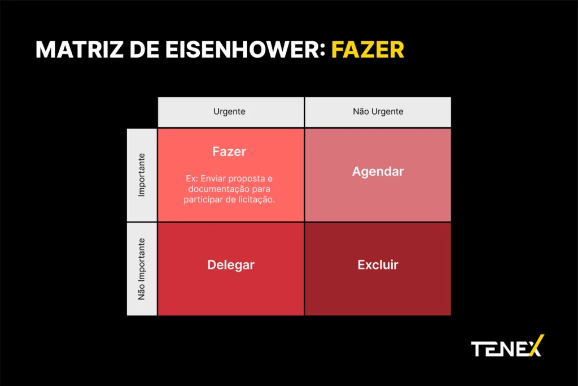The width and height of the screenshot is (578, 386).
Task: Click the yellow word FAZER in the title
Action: [x=367, y=50]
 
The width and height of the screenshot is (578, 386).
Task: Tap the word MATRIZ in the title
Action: [x=79, y=50]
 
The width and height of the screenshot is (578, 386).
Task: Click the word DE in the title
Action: [x=144, y=50]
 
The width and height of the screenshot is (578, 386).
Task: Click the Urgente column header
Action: [x=229, y=111]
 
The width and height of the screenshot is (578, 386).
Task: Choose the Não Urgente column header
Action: [x=378, y=111]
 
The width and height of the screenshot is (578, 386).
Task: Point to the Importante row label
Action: [x=142, y=175]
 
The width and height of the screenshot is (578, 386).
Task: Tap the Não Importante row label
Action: [x=142, y=269]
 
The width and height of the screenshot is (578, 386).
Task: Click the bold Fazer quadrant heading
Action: [x=229, y=151]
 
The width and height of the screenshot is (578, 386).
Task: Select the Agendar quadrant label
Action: [x=378, y=172]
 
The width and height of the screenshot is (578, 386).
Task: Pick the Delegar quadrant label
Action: [x=231, y=265]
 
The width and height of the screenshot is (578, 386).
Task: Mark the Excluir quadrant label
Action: [x=378, y=264]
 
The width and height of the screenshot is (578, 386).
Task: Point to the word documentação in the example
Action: [x=218, y=189]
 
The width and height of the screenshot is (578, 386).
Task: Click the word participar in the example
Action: [x=203, y=199]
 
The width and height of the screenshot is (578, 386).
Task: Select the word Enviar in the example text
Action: [x=213, y=179]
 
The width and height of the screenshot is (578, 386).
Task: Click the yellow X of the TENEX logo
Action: [x=536, y=345]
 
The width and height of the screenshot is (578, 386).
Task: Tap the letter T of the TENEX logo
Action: [x=479, y=349]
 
